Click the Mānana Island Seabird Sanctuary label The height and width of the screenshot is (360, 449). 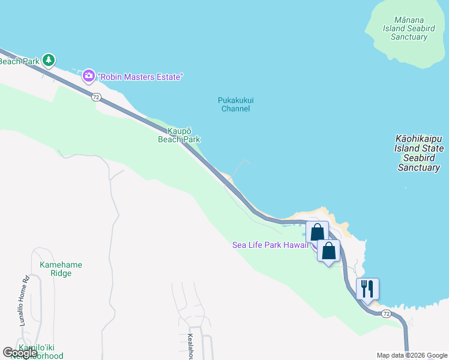pyautogui.click(x=409, y=28)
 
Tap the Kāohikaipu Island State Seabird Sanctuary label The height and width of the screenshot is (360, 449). pyautogui.click(x=419, y=153)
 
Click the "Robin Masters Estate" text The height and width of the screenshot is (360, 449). pyautogui.click(x=141, y=77)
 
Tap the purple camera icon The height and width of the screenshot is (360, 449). pyautogui.click(x=89, y=76)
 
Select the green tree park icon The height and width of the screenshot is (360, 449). pyautogui.click(x=49, y=60)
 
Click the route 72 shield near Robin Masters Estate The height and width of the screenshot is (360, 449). pyautogui.click(x=96, y=97)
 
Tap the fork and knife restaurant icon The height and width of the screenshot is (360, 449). pyautogui.click(x=367, y=289)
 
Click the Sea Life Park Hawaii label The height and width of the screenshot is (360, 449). pyautogui.click(x=271, y=245)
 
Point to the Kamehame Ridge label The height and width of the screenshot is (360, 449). pyautogui.click(x=61, y=269)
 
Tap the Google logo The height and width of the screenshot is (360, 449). pyautogui.click(x=20, y=352)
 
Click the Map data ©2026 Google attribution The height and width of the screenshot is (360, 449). pyautogui.click(x=412, y=355)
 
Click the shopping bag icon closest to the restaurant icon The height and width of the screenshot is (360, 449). pyautogui.click(x=328, y=250)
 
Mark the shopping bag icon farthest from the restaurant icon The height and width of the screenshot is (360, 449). pyautogui.click(x=317, y=232)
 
